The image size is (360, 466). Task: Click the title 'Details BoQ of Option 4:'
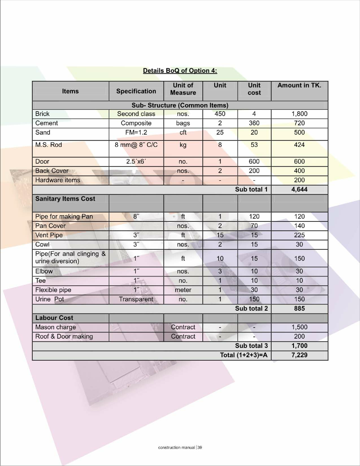coord(180,71)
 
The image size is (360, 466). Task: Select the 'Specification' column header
coord(136,91)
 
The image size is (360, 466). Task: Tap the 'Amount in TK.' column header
coord(299,85)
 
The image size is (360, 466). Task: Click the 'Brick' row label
coord(42,113)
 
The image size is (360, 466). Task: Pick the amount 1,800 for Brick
coord(299,113)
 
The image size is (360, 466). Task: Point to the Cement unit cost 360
coord(254,123)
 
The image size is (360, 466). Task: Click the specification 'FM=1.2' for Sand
coord(136,132)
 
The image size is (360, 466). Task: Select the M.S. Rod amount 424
coord(299,145)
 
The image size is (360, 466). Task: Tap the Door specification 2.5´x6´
coord(136,161)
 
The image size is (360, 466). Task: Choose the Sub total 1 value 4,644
coord(299,189)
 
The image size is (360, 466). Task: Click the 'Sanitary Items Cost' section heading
coord(65,199)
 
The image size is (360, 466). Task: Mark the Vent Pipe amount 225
coord(299,235)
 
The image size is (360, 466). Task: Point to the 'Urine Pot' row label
coord(50,299)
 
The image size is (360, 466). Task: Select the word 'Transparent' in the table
coord(136,299)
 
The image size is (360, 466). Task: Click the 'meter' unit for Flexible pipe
coord(183,290)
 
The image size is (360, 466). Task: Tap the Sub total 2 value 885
coord(299,309)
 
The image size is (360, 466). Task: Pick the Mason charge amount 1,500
coord(299,327)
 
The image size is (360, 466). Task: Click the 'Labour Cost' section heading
coord(54,318)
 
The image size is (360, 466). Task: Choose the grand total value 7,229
coord(299,355)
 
